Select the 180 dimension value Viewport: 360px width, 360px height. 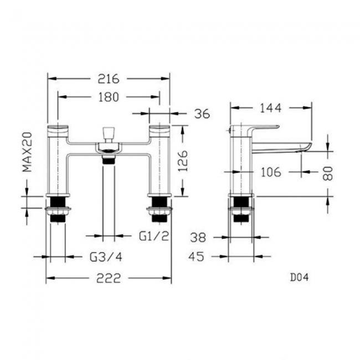[x=108, y=97]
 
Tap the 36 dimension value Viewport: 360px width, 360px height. [x=203, y=114]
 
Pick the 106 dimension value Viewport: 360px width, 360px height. [x=270, y=172]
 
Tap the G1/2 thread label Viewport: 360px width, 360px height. [x=153, y=236]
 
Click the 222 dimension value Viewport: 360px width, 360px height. [x=109, y=278]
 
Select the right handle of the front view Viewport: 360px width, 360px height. [x=160, y=130]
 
